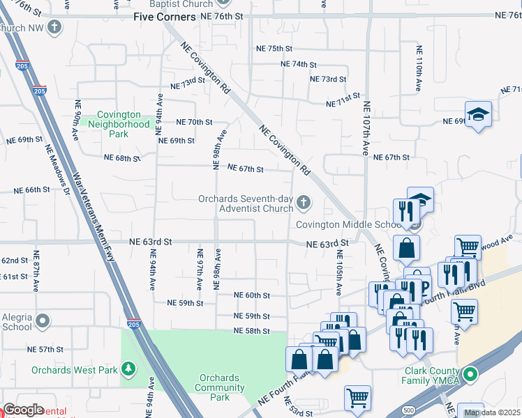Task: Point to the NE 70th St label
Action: click(194, 122)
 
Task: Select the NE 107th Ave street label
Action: click(365, 130)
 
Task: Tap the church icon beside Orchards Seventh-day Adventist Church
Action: click(303, 203)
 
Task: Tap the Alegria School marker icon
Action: click(43, 321)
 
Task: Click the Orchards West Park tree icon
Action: click(128, 368)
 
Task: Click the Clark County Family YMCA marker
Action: click(471, 375)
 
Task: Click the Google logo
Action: click(23, 410)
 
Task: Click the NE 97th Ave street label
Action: click(200, 270)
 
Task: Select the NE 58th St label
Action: click(251, 331)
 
